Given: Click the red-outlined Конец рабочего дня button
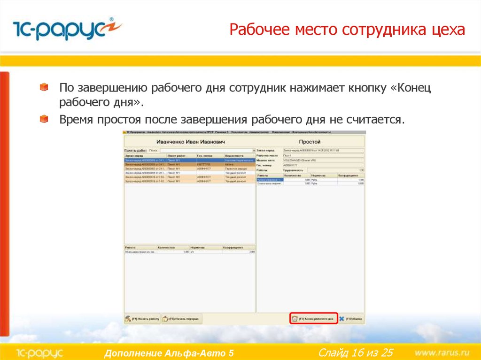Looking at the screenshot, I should click(x=313, y=318).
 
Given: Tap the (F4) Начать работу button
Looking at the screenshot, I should click(x=142, y=319).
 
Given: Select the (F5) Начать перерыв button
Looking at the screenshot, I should click(x=182, y=319).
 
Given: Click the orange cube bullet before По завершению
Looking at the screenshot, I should click(x=44, y=87).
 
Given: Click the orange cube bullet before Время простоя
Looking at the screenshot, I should click(x=44, y=119).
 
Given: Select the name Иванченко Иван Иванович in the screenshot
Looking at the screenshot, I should click(x=190, y=142).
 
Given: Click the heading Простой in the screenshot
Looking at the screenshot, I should click(x=310, y=142).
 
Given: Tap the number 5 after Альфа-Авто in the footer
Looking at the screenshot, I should click(x=230, y=353).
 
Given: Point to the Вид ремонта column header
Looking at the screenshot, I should click(x=234, y=155).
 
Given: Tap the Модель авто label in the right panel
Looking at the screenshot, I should click(x=267, y=160).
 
